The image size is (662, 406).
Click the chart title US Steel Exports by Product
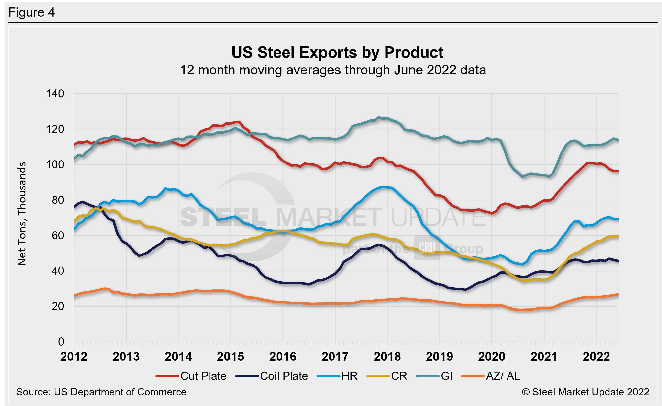pyautogui.click(x=337, y=52)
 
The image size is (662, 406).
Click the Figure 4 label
pyautogui.click(x=32, y=12)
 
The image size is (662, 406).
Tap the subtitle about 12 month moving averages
pyautogui.click(x=333, y=70)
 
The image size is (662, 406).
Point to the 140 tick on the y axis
pyautogui.click(x=55, y=94)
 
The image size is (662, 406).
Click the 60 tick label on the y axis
pyautogui.click(x=58, y=235)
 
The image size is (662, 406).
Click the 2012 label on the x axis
pyautogui.click(x=74, y=357)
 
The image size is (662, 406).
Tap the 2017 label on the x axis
pyautogui.click(x=335, y=357)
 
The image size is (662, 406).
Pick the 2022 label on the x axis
pyautogui.click(x=596, y=357)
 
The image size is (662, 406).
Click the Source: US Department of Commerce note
pyautogui.click(x=101, y=392)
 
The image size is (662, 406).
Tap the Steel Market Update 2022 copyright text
pyautogui.click(x=585, y=392)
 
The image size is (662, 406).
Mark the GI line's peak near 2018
pyautogui.click(x=379, y=117)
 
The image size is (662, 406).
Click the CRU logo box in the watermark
pyautogui.click(x=427, y=248)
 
